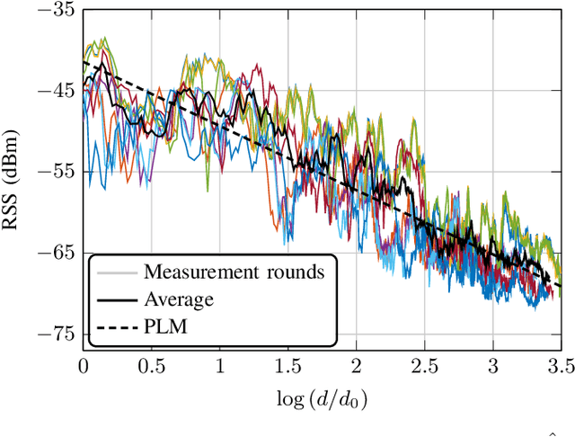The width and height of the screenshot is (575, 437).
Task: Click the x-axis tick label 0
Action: tap(83, 367)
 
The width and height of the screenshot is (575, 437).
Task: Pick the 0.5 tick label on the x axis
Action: tap(151, 367)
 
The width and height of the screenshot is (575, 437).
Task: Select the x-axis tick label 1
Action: tap(219, 367)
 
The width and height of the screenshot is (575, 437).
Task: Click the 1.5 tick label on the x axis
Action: tap(287, 367)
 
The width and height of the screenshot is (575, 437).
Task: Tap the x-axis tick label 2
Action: tap(356, 367)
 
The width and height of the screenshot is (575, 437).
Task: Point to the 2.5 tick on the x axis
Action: tap(424, 367)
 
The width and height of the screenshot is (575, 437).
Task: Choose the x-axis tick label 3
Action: tap(492, 367)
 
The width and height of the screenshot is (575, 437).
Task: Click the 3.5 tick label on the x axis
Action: tap(559, 367)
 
